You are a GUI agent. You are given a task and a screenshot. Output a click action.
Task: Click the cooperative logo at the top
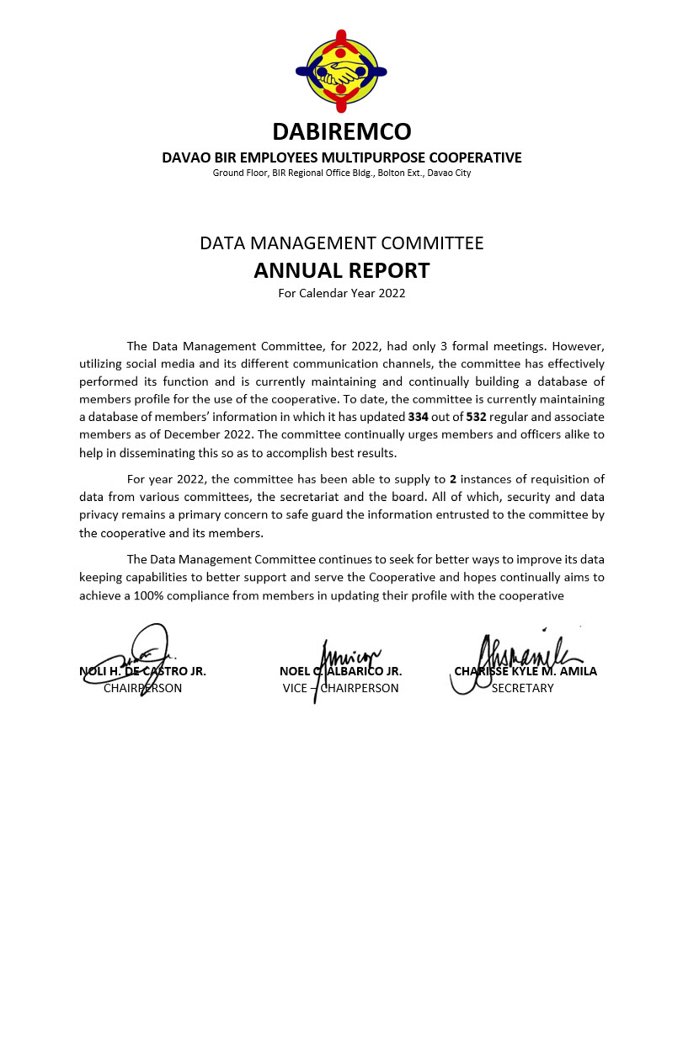pyautogui.click(x=341, y=71)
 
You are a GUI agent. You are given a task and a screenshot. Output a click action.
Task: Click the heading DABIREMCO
pyautogui.click(x=341, y=132)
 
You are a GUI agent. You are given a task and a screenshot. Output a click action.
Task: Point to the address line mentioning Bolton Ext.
pyautogui.click(x=341, y=173)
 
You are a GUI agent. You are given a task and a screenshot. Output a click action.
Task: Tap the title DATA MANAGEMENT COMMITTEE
pyautogui.click(x=341, y=243)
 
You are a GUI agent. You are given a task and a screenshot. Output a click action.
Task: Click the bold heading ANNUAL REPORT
pyautogui.click(x=341, y=270)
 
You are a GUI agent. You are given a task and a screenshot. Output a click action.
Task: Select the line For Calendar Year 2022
pyautogui.click(x=341, y=293)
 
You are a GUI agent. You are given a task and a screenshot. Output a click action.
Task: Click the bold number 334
pyautogui.click(x=419, y=417)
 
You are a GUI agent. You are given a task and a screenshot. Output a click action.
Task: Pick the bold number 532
pyautogui.click(x=476, y=417)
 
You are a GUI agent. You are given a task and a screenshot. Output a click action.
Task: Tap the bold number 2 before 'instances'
pyautogui.click(x=453, y=479)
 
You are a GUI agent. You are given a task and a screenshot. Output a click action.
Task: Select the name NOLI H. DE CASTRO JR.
pyautogui.click(x=142, y=671)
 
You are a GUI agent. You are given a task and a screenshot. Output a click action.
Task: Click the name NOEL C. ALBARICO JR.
pyautogui.click(x=340, y=671)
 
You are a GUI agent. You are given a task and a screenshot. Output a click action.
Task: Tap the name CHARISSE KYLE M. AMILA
pyautogui.click(x=526, y=671)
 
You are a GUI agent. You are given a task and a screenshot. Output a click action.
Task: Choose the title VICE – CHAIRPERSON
pyautogui.click(x=340, y=688)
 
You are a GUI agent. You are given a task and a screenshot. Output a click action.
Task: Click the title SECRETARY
pyautogui.click(x=522, y=688)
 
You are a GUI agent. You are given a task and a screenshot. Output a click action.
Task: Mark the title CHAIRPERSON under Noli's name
pyautogui.click(x=142, y=688)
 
